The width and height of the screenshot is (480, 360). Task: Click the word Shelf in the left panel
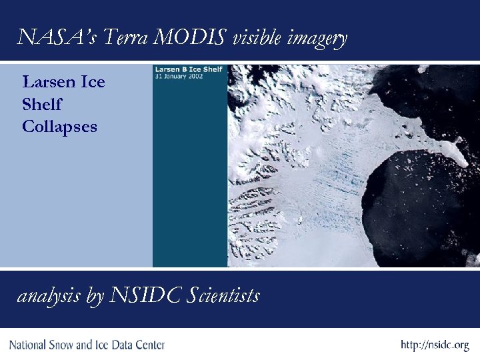[x=41, y=104]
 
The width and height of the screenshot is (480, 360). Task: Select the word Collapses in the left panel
[x=59, y=126]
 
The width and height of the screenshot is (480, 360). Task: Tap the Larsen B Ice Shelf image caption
[x=180, y=69]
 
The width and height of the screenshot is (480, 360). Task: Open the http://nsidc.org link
[x=435, y=345]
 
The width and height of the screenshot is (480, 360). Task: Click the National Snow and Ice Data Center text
[x=87, y=345]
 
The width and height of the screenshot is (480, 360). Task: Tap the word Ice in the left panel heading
[x=92, y=83]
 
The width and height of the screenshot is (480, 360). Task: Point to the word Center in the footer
[x=148, y=345]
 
